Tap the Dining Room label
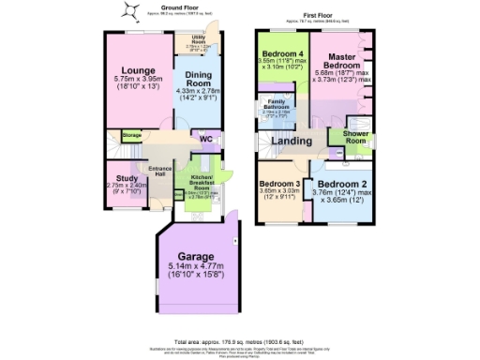tap(196, 81)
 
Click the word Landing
tap(292, 141)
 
